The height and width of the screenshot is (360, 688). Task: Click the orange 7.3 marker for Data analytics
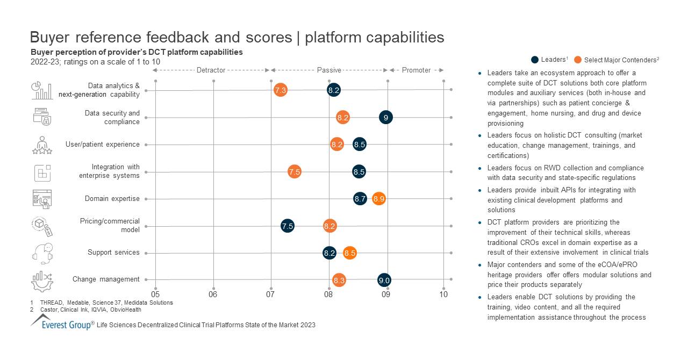[280, 90]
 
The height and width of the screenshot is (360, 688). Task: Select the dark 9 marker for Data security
[386, 117]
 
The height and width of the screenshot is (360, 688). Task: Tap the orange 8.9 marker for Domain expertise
[379, 199]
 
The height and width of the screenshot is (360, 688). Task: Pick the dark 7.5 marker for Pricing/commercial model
[288, 226]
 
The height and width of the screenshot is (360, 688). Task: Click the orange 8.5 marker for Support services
[350, 253]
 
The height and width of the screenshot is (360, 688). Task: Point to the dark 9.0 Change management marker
[384, 280]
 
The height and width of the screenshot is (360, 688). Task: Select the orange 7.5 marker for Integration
[294, 172]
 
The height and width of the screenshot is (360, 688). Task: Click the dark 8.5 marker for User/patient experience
[360, 144]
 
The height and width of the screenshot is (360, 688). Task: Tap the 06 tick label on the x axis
[213, 294]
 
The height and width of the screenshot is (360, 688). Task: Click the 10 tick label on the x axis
[443, 294]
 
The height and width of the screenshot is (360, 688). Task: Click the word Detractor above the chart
[211, 70]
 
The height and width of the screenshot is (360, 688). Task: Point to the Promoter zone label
[416, 70]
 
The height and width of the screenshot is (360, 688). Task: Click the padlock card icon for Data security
[42, 117]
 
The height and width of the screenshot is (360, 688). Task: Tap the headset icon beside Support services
[42, 253]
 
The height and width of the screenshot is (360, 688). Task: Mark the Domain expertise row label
[112, 199]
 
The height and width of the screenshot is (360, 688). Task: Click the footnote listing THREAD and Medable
[106, 303]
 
